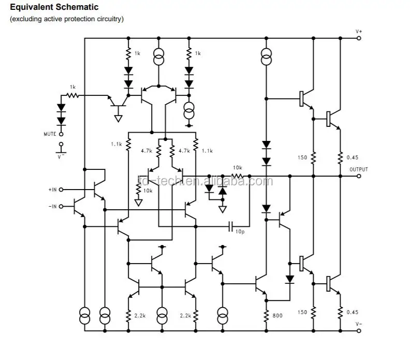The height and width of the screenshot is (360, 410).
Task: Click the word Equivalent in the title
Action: [x=31, y=7]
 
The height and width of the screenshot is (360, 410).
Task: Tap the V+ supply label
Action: [x=359, y=32]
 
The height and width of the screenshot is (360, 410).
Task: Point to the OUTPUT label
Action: [x=358, y=169]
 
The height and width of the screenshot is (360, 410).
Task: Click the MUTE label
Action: [x=50, y=134]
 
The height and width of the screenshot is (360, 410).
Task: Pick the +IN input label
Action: [x=53, y=190]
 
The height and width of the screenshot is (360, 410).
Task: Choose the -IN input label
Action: [x=53, y=206]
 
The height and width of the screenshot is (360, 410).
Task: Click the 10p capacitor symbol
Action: [x=231, y=226]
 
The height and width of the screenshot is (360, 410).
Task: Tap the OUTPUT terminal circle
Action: [x=358, y=176]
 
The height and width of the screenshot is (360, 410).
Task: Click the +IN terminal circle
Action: [x=62, y=190]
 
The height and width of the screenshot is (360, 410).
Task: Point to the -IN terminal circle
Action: [x=62, y=206]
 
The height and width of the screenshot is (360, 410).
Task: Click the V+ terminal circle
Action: [x=358, y=38]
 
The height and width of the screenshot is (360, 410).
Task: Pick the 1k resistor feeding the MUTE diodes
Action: [x=73, y=95]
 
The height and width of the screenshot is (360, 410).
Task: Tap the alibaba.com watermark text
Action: [x=204, y=181]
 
